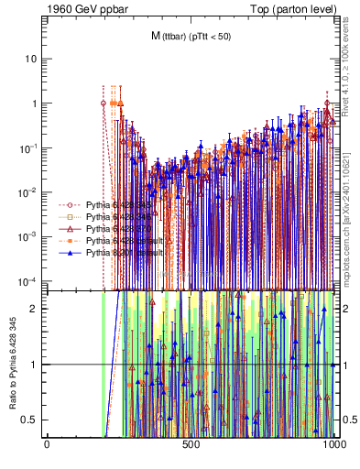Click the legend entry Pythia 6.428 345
coord(110,205)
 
